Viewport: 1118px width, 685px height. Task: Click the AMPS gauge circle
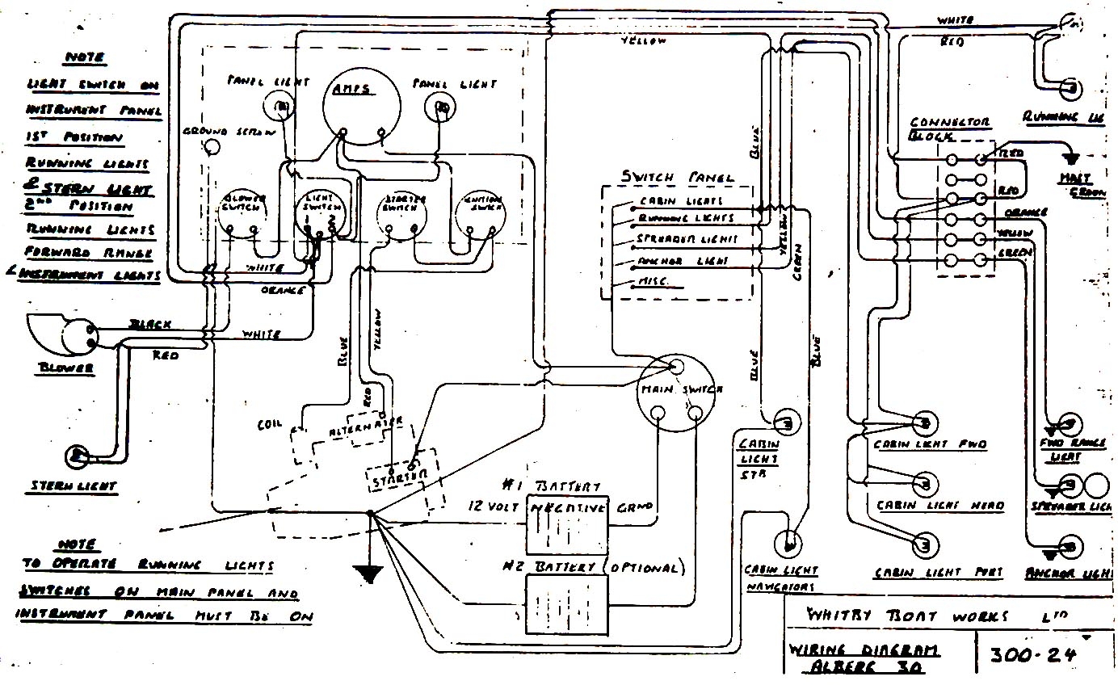click(x=362, y=103)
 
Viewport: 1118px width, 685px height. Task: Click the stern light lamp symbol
click(x=78, y=456)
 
